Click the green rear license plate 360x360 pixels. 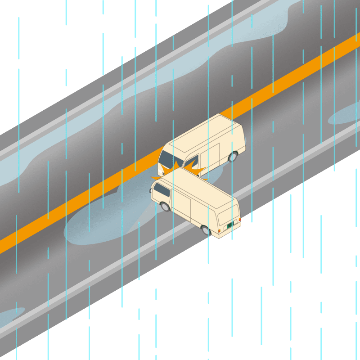tap(230, 224)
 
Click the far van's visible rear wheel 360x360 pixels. tap(233, 157)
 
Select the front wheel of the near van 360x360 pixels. tap(165, 207)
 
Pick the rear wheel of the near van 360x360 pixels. tap(206, 230)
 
